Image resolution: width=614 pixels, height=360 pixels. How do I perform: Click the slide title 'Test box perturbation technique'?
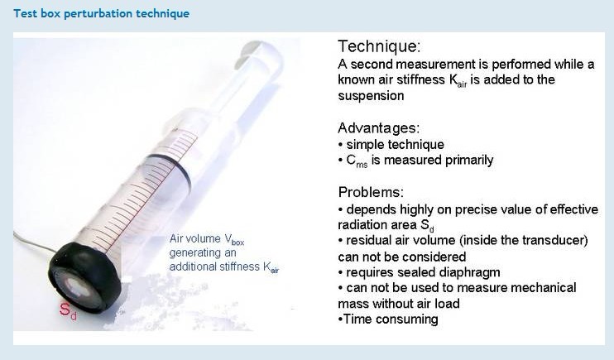pos(102,14)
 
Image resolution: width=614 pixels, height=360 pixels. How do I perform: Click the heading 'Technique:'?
pos(379,46)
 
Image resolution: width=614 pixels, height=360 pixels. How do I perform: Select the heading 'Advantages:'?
pos(379,128)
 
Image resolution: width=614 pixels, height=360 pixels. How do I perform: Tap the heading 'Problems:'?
pos(371,192)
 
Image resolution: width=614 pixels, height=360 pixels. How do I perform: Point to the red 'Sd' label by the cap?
pos(68,310)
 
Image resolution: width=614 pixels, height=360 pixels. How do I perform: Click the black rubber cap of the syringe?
pos(84,276)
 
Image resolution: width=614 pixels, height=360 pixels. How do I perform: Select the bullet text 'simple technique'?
pos(395,145)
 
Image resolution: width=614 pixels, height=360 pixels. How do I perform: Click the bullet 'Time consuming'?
pos(391,319)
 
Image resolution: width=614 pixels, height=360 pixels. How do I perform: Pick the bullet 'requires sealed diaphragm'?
pos(423,272)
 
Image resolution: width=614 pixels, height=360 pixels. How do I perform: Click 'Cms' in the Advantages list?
pos(357,161)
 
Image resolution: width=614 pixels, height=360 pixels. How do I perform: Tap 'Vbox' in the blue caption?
pos(234,239)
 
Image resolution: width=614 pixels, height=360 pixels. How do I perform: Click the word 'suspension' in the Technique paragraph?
pos(371,96)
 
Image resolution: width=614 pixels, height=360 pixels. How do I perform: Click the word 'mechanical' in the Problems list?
pos(543,287)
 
